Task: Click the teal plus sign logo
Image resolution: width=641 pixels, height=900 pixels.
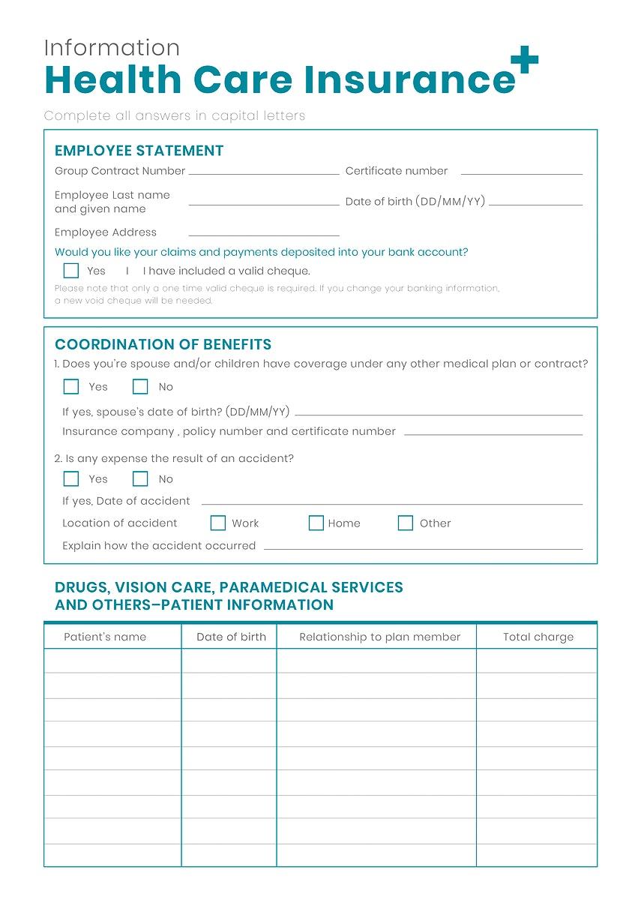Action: pos(524,61)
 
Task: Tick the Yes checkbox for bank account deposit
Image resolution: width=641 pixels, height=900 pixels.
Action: pos(71,271)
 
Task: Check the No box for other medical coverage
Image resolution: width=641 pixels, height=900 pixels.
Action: pos(140,387)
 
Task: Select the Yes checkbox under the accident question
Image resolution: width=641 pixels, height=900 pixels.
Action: pos(71,479)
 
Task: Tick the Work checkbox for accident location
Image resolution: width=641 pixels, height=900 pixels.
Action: pos(218,523)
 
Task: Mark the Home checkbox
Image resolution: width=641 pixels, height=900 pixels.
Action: pos(316,523)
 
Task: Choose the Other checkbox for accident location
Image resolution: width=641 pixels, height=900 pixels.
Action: pos(406,523)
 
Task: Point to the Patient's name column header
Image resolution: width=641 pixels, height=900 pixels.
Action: pos(105,637)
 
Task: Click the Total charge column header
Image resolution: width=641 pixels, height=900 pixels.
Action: pos(538,637)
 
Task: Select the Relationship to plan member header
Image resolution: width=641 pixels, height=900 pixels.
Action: pos(379,637)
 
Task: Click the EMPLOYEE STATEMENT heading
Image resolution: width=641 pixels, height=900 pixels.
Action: pos(139,151)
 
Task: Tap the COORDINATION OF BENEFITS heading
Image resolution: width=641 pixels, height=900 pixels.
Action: pos(163,345)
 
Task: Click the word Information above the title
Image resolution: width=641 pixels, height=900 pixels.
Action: pos(112,48)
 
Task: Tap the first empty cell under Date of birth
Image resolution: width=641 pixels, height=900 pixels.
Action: pos(229,661)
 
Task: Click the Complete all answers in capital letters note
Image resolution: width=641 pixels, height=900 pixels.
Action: pos(175,115)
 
